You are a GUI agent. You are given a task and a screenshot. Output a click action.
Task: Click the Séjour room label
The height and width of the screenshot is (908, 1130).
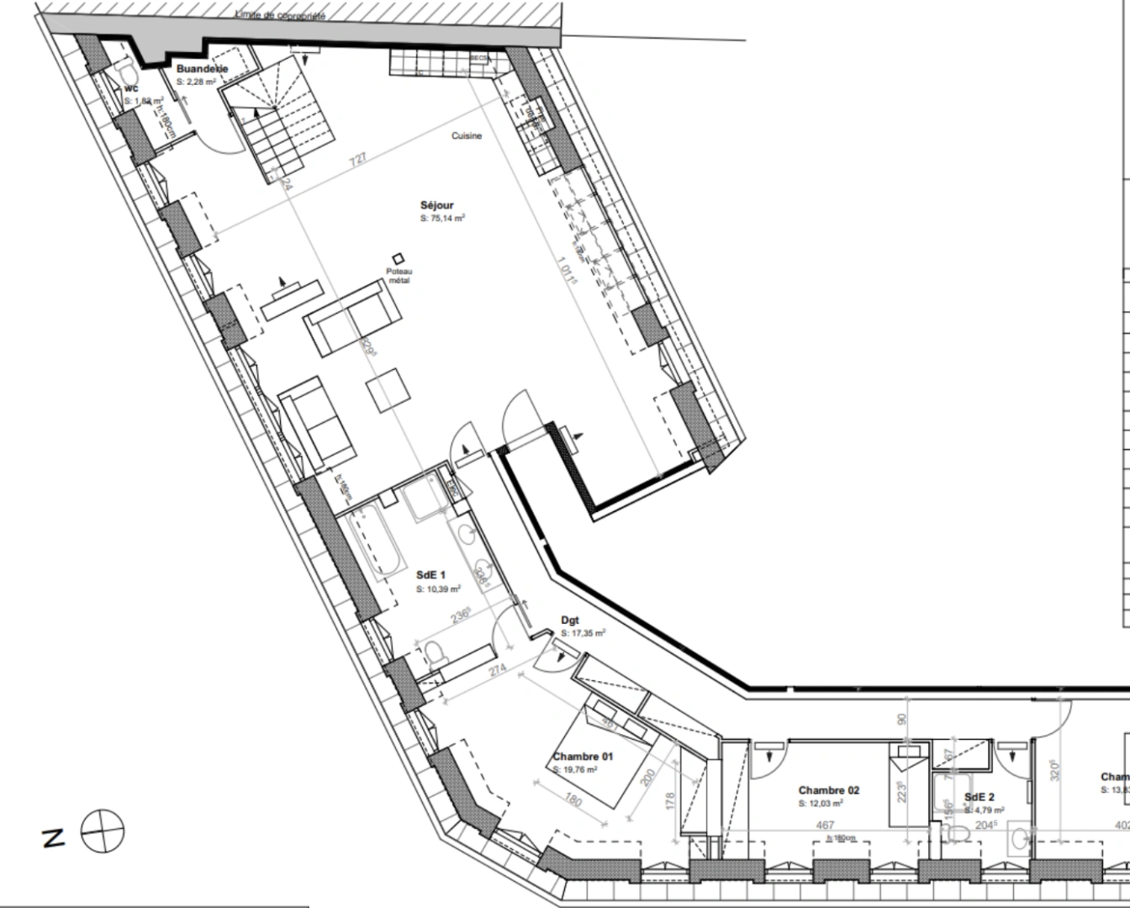click(436, 205)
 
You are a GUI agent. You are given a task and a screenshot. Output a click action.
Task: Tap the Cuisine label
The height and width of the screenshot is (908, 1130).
click(467, 135)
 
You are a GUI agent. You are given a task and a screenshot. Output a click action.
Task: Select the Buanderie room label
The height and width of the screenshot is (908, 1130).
click(202, 69)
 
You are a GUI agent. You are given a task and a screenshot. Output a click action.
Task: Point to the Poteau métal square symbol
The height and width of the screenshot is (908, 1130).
click(397, 258)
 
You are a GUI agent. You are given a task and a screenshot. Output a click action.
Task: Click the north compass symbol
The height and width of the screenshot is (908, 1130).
click(103, 831)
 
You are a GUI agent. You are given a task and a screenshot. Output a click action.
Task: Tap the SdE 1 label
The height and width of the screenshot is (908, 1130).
click(430, 575)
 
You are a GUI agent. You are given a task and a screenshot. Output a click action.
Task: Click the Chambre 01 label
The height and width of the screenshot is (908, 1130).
click(583, 757)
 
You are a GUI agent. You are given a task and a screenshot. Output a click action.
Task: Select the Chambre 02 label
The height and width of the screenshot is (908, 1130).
click(828, 790)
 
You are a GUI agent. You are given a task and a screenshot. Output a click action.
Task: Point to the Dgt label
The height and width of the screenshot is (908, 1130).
click(570, 621)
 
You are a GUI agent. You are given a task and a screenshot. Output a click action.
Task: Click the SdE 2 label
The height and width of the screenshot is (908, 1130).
click(980, 797)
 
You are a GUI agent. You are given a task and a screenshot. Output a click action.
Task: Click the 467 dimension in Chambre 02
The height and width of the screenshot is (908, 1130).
click(825, 826)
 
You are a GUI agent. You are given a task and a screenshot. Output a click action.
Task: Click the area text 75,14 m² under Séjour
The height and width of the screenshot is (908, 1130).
click(443, 218)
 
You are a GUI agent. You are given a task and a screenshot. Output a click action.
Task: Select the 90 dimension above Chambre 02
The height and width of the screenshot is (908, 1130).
click(902, 720)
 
